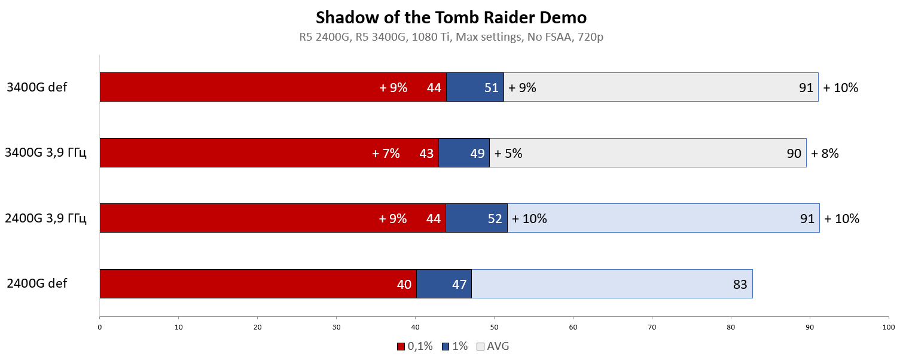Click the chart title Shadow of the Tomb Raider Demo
451,16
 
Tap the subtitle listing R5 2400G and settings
451,37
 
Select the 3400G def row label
37,87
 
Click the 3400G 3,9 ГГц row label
45,153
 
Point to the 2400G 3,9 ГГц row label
45,218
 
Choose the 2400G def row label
37,283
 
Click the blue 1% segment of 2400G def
444,283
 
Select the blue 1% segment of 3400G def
475,87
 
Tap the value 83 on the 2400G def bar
740,284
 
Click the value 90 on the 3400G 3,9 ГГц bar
794,154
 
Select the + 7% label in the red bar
386,154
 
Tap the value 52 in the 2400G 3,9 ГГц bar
495,219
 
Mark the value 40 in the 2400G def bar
404,284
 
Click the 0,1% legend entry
414,346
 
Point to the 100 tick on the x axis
889,327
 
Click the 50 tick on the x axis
494,327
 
